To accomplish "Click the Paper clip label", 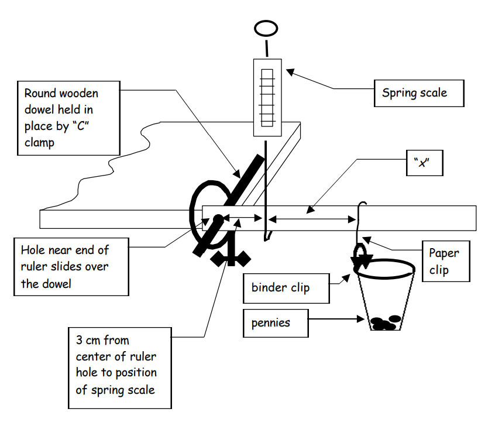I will tap(444, 262).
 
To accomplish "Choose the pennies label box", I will tap(275, 323).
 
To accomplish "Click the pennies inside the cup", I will tap(386, 322).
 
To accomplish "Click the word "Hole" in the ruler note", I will tap(33, 250).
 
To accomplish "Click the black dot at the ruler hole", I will tap(217, 219).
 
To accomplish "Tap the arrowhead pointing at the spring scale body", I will tap(290, 72).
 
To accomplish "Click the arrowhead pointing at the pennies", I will tap(363, 319).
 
